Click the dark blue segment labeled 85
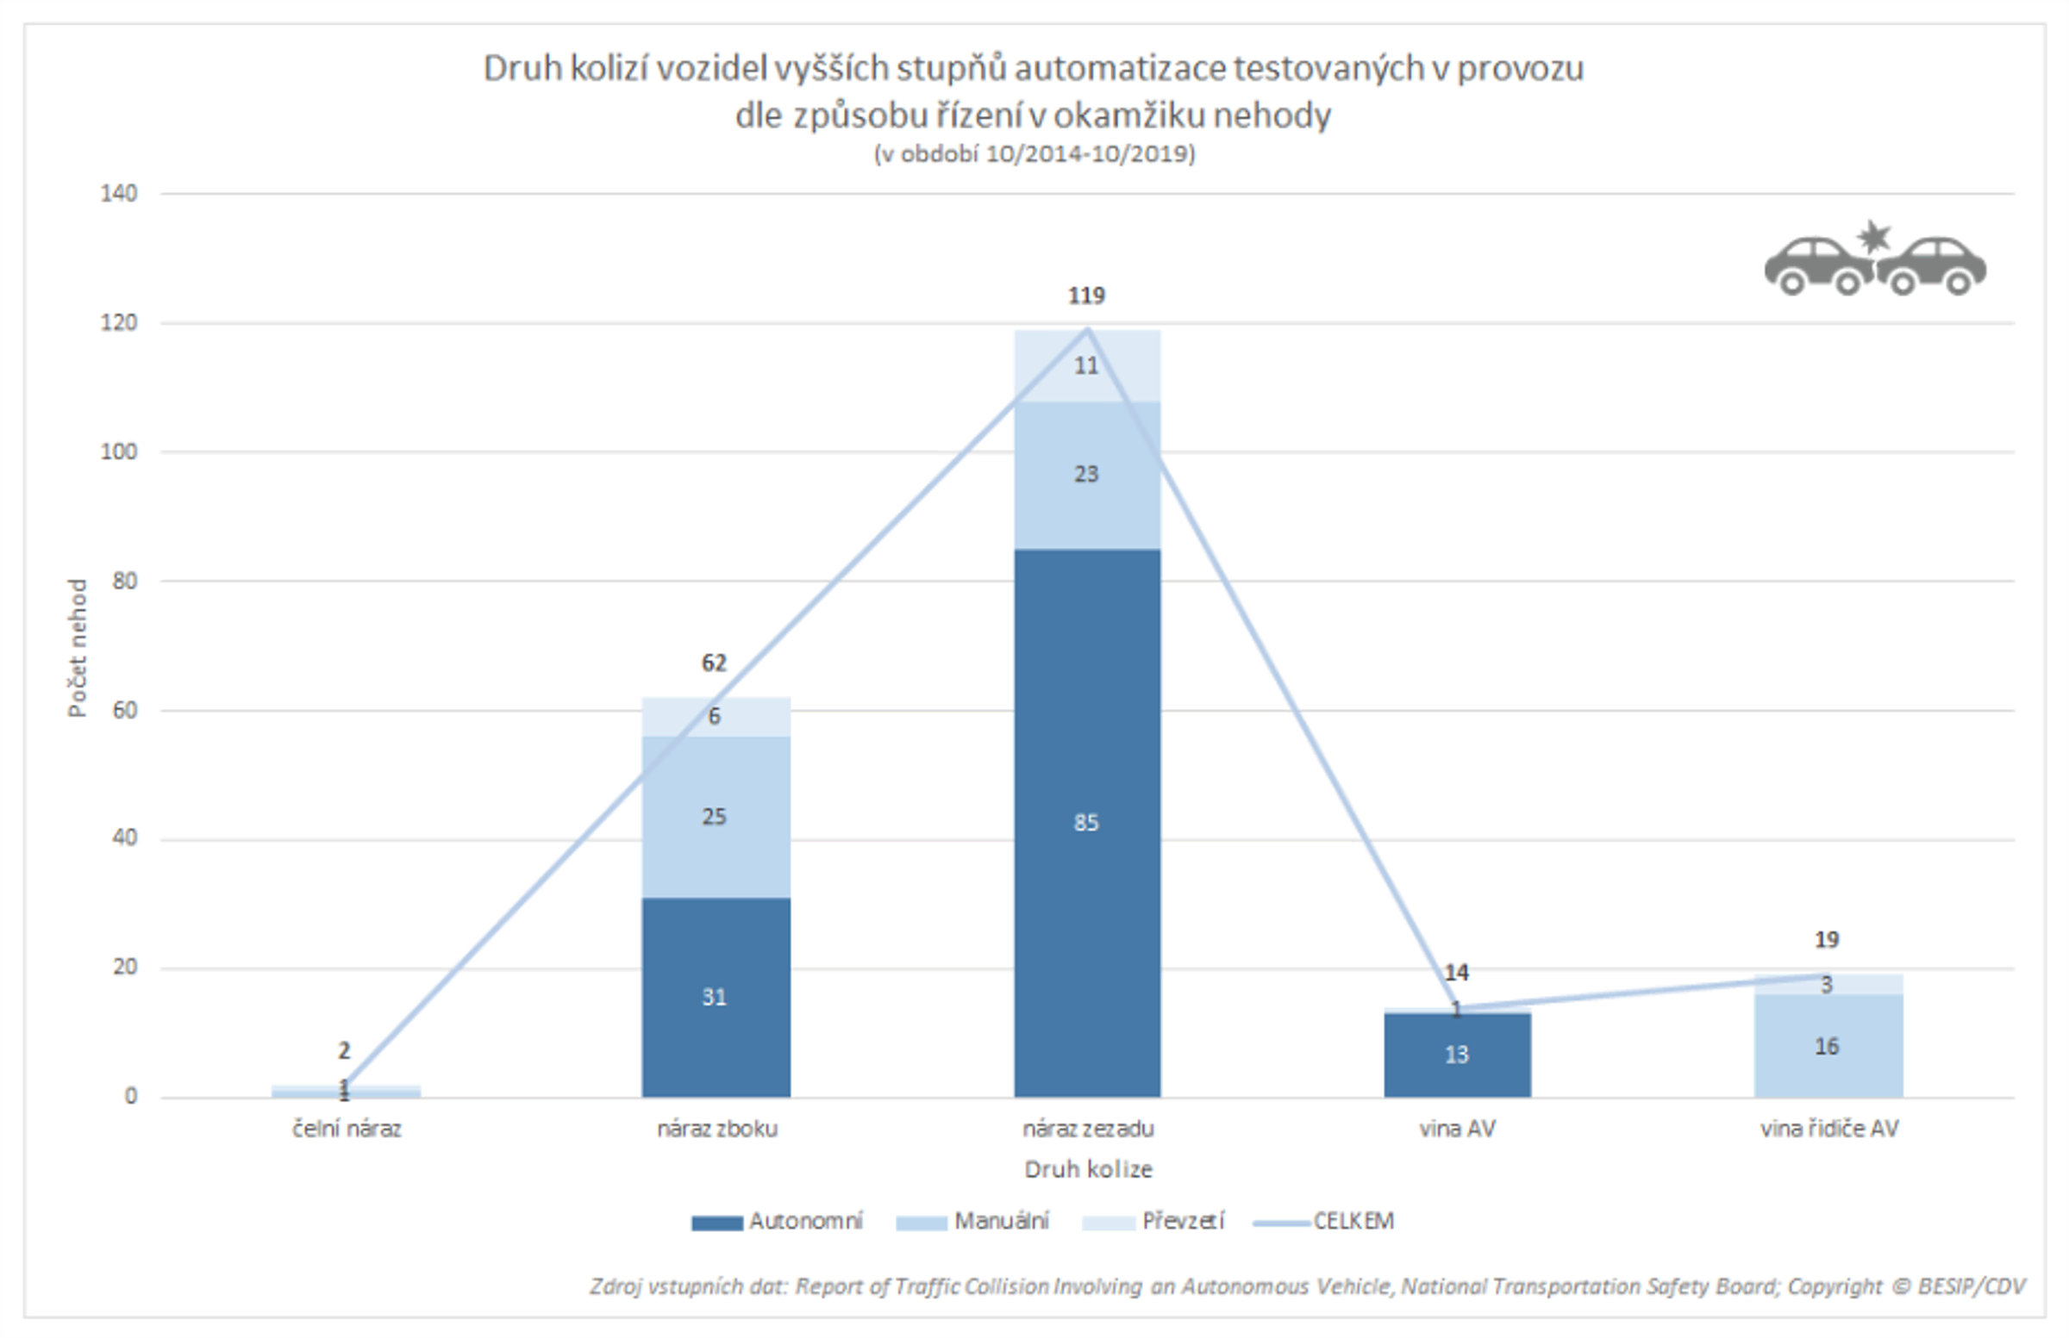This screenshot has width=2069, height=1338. point(1087,822)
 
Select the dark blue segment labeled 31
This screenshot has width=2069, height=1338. point(716,997)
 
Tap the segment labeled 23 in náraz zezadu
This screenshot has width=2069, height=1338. point(1087,475)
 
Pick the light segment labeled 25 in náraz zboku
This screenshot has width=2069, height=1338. point(716,817)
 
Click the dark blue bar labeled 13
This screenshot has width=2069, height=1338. point(1457,1055)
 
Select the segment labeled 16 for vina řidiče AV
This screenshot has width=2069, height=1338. point(1828,1046)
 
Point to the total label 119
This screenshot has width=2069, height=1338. point(1087,296)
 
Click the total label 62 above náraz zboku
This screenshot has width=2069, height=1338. point(714,663)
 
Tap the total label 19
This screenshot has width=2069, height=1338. point(1827,939)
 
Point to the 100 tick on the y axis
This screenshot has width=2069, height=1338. point(119,451)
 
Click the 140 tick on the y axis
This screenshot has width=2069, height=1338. point(119,194)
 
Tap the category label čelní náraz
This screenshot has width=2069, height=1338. point(347,1130)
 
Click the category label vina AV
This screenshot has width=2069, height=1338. point(1457,1130)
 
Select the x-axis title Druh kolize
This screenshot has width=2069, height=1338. point(1088,1169)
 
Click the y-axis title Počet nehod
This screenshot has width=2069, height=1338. point(78,647)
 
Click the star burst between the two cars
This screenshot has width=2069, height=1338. point(1873,237)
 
